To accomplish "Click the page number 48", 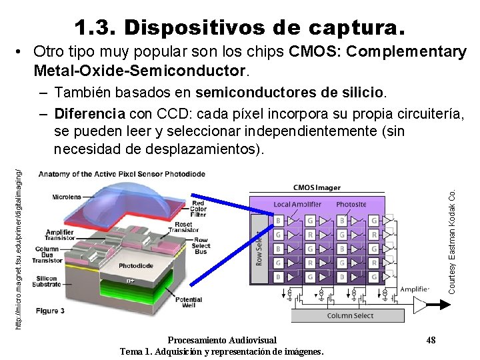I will [431, 341].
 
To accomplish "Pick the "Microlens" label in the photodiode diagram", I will [67, 197].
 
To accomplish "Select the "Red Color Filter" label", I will [198, 209].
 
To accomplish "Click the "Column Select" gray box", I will [351, 315].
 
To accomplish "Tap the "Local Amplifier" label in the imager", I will [297, 203].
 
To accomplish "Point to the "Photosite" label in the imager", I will [351, 203].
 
